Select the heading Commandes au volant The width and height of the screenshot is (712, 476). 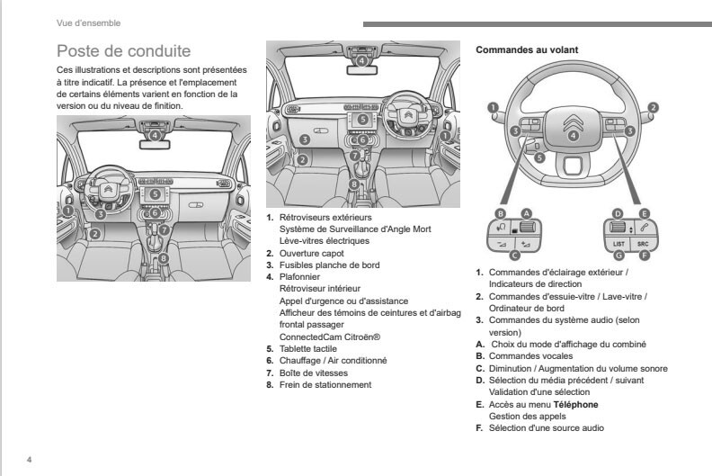tap(526, 49)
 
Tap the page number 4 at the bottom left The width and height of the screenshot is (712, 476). tap(29, 461)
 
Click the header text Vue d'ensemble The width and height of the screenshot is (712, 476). tap(88, 22)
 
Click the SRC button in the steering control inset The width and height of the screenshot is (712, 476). tap(643, 243)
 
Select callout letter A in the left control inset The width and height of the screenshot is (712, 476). tap(526, 212)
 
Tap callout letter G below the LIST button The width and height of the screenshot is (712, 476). tap(619, 256)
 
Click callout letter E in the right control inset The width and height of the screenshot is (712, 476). tap(644, 212)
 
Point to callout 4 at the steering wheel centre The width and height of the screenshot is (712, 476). tap(573, 136)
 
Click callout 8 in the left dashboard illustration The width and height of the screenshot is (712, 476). tap(163, 259)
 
